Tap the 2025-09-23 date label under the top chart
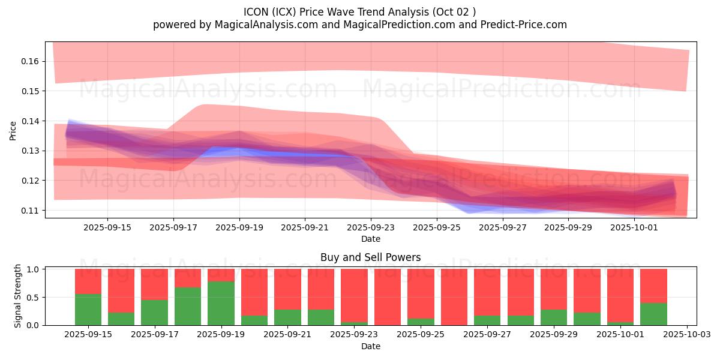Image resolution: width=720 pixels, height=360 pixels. point(371,227)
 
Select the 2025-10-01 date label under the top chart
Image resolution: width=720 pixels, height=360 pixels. point(634,227)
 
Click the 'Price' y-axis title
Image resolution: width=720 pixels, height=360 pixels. point(13,130)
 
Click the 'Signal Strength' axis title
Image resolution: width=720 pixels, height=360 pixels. point(18,296)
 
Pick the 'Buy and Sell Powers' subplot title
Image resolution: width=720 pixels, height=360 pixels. point(370,257)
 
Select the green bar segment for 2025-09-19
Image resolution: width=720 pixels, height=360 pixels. point(221,303)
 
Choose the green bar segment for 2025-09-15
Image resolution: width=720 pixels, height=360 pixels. point(88,310)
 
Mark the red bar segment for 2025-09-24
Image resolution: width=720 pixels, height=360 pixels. point(388,296)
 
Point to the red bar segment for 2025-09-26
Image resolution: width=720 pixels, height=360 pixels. point(454,296)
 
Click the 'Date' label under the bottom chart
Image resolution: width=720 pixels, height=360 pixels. point(370,346)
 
